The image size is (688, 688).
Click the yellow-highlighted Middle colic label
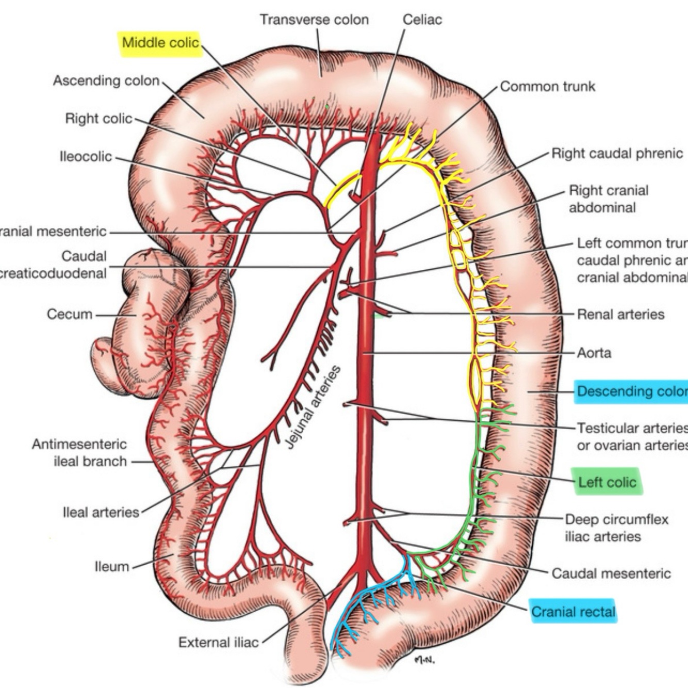[160, 42]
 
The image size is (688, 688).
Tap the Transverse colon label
[314, 20]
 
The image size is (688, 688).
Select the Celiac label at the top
[422, 20]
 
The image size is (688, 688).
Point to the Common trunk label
[547, 86]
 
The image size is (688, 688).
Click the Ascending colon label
[106, 80]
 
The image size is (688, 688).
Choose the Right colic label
[99, 119]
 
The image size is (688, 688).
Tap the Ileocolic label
[86, 156]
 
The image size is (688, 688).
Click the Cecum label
[70, 314]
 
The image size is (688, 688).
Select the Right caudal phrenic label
[617, 153]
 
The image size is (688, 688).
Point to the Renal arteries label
[620, 314]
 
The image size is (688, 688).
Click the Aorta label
[594, 353]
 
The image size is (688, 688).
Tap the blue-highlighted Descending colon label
[631, 391]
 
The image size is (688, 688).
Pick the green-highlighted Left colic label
[607, 482]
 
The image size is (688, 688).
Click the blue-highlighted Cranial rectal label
[573, 612]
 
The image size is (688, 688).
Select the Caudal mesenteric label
[611, 573]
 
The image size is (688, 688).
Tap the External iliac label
[218, 642]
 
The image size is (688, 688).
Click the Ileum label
[111, 566]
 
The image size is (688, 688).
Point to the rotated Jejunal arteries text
[314, 407]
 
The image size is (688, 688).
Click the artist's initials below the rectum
[424, 659]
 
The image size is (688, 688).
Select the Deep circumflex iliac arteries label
[616, 528]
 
